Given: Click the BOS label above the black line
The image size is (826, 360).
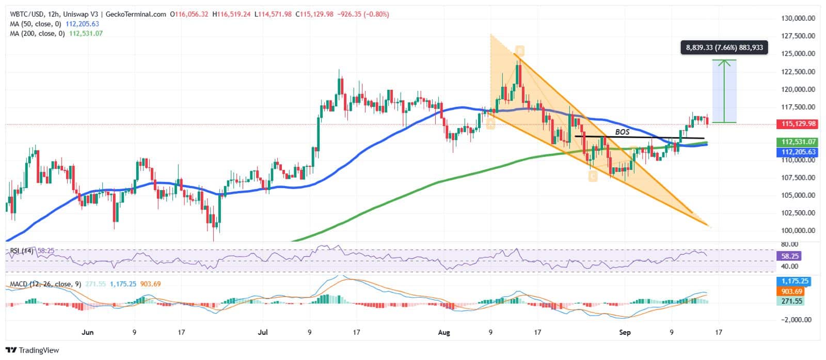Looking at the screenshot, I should point(622,132).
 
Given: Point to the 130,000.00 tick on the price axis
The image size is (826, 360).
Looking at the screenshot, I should point(798,18).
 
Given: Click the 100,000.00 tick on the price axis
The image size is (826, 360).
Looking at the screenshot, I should point(798,230).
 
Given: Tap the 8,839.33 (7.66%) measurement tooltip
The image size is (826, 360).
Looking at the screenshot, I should point(724,48).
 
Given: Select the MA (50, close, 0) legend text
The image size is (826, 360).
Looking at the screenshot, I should point(35,24).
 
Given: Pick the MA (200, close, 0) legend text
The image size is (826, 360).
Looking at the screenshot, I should point(36,33).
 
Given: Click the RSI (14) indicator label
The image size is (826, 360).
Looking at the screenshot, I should point(22,251).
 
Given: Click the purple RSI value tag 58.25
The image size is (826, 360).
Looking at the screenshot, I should point(790,256).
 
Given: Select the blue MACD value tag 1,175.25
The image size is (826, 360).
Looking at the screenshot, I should point(795,281).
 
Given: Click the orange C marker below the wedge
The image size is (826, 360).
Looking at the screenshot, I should point(592,177).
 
